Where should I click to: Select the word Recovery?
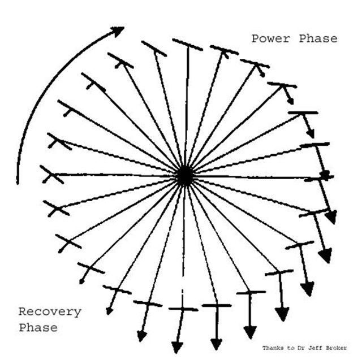(x=50, y=311)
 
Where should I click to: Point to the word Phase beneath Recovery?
(x=38, y=328)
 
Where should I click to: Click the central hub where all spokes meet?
(x=184, y=176)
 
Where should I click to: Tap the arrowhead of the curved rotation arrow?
(x=118, y=31)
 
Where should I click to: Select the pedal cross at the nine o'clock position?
(x=52, y=175)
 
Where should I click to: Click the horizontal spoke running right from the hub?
(x=255, y=177)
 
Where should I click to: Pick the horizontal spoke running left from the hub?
(x=113, y=175)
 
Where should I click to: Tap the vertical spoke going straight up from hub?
(x=186, y=107)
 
